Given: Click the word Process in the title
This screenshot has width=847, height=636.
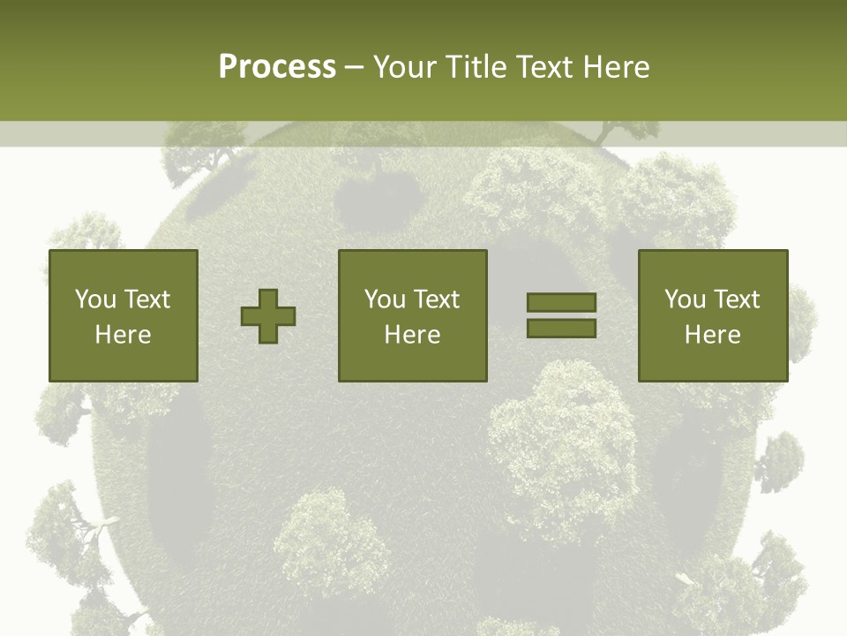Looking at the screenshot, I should tap(277, 67).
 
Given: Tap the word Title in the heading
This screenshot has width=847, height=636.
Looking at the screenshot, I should tap(475, 67).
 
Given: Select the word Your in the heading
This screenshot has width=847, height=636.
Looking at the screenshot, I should tap(405, 67).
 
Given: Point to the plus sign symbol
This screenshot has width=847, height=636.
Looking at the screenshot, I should tap(268, 316).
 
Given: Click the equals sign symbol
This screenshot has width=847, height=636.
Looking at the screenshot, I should tap(561, 315).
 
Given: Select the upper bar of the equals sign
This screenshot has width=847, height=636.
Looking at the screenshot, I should tap(561, 303).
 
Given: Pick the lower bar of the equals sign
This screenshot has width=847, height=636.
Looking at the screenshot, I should tap(561, 328).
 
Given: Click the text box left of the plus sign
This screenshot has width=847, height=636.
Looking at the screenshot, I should tap(123, 315).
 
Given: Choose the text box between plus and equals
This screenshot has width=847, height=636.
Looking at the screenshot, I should tap(412, 315).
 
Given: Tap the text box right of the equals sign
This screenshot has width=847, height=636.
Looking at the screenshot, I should tap(712, 315).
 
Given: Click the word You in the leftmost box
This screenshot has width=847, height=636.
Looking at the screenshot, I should tap(94, 299).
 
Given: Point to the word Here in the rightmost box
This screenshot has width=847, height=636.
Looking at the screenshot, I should tap(712, 335).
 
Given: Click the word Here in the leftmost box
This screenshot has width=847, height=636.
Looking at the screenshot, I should tap(123, 335).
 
